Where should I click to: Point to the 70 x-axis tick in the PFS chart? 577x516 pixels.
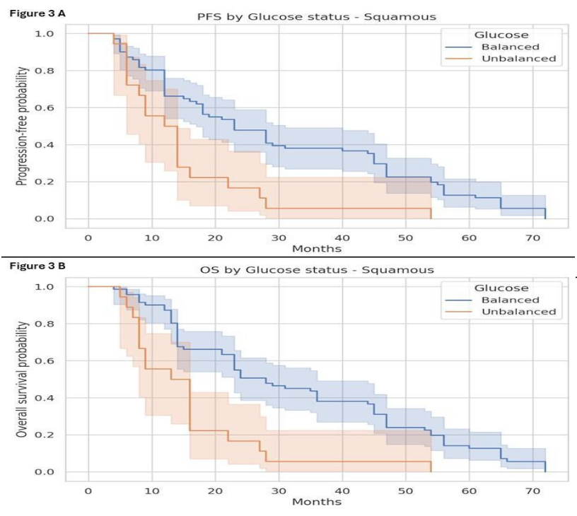pyautogui.click(x=532, y=238)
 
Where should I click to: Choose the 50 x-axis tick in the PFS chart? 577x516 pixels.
pyautogui.click(x=405, y=238)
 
